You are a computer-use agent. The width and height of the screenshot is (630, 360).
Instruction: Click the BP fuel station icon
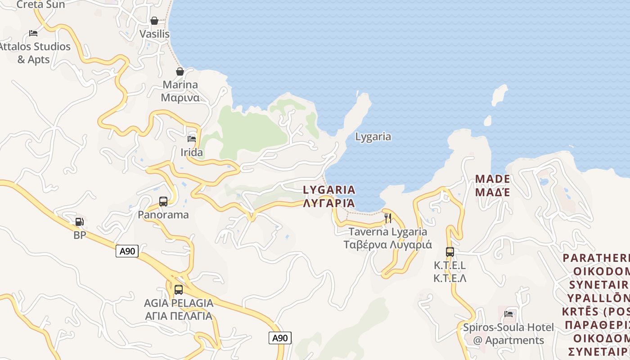pyautogui.click(x=79, y=222)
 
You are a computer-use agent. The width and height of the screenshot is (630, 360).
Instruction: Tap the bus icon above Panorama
pyautogui.click(x=163, y=202)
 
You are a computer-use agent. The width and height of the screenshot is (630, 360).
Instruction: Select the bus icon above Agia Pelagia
pyautogui.click(x=179, y=290)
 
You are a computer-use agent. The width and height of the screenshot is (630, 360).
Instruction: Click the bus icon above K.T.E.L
pyautogui.click(x=450, y=252)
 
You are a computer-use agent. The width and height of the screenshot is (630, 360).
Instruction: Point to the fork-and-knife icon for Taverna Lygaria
pyautogui.click(x=388, y=218)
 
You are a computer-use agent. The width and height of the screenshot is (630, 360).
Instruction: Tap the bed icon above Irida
pyautogui.click(x=192, y=139)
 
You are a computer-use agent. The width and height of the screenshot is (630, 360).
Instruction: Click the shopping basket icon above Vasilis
pyautogui.click(x=154, y=21)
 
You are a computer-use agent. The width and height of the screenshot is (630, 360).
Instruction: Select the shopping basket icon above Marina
pyautogui.click(x=180, y=72)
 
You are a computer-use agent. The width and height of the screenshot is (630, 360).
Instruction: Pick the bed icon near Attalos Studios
pyautogui.click(x=33, y=33)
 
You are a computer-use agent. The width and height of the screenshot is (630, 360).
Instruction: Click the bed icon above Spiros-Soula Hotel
pyautogui.click(x=508, y=314)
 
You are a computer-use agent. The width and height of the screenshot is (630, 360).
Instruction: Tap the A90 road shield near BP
pyautogui.click(x=127, y=251)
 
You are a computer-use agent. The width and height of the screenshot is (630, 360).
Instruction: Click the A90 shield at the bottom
pyautogui.click(x=280, y=338)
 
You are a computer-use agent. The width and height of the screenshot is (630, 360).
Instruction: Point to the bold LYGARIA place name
pyautogui.click(x=329, y=190)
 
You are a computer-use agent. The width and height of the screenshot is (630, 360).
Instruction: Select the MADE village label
pyautogui.click(x=493, y=179)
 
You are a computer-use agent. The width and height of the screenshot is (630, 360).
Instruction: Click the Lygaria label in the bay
pyautogui.click(x=373, y=137)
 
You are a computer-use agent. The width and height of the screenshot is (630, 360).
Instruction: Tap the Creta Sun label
pyautogui.click(x=40, y=4)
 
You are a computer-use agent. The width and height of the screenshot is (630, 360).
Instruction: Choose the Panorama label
pyautogui.click(x=163, y=215)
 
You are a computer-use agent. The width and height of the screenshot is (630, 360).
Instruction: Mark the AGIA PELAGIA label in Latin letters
pyautogui.click(x=179, y=303)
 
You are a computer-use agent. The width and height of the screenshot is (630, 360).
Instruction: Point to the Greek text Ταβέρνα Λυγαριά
pyautogui.click(x=388, y=245)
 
